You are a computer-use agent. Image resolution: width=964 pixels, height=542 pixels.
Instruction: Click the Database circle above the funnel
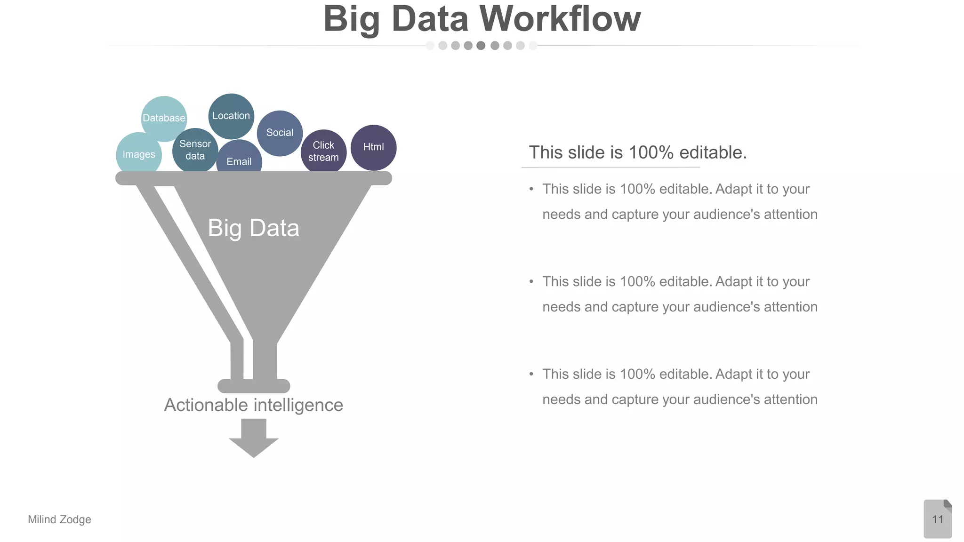(x=164, y=118)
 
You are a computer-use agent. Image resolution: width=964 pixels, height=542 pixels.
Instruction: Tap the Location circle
(x=231, y=116)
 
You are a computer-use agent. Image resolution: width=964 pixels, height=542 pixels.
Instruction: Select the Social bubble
(x=280, y=133)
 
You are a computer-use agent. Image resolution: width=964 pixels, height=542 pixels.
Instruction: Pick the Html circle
(x=374, y=147)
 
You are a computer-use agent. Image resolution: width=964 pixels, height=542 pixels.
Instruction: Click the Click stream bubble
(x=323, y=151)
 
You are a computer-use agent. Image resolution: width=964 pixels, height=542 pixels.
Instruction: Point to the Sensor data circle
(x=195, y=150)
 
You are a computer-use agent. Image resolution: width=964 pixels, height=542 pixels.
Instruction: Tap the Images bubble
(x=138, y=154)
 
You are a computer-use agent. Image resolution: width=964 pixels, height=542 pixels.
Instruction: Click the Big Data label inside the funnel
(x=253, y=228)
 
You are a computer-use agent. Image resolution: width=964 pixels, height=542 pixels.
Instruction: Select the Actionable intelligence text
(x=253, y=405)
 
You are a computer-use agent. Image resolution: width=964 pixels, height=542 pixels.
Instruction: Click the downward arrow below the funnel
(x=254, y=438)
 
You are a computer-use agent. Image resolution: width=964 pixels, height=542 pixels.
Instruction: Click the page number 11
(x=938, y=519)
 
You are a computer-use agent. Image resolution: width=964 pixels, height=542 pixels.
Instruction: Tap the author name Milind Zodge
(x=59, y=519)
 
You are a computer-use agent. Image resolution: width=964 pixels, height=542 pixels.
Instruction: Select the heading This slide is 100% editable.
(x=638, y=152)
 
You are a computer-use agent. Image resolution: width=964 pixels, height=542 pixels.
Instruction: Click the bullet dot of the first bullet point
(x=531, y=189)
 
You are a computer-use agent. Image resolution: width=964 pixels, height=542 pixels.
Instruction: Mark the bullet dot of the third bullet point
(x=531, y=374)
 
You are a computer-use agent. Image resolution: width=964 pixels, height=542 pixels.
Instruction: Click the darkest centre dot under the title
(x=481, y=46)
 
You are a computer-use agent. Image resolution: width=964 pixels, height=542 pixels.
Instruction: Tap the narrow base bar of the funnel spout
(x=254, y=386)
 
